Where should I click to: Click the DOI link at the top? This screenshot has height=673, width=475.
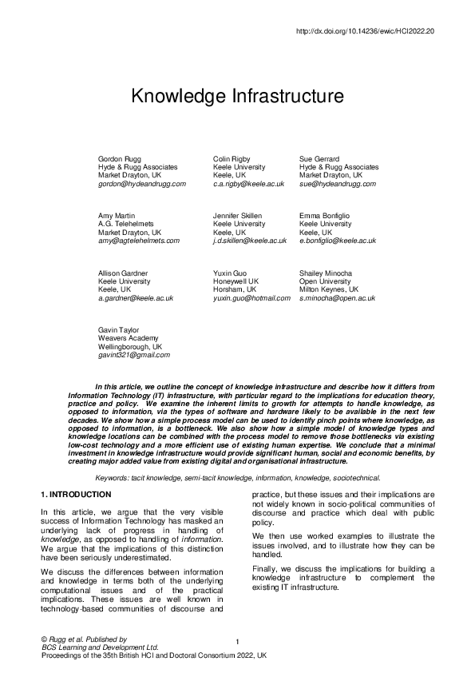(x=365, y=31)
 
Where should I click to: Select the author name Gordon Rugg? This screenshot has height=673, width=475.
(x=120, y=159)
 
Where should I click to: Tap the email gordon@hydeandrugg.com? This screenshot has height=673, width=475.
(x=142, y=183)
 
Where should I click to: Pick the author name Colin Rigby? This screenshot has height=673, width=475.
(x=232, y=159)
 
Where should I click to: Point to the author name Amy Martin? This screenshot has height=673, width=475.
(x=117, y=217)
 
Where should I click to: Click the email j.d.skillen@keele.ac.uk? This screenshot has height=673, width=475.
(x=250, y=241)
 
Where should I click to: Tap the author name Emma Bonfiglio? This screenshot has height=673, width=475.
(x=324, y=217)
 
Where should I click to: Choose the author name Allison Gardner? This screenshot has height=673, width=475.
(x=122, y=273)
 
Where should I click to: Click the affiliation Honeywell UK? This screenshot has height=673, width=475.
(x=236, y=281)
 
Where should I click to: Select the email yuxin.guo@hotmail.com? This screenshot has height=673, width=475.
(x=252, y=297)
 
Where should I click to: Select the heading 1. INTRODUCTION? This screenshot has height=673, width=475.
(x=76, y=495)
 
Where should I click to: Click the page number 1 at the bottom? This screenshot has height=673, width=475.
(x=238, y=643)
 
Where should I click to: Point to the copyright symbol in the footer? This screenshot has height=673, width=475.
(x=43, y=639)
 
